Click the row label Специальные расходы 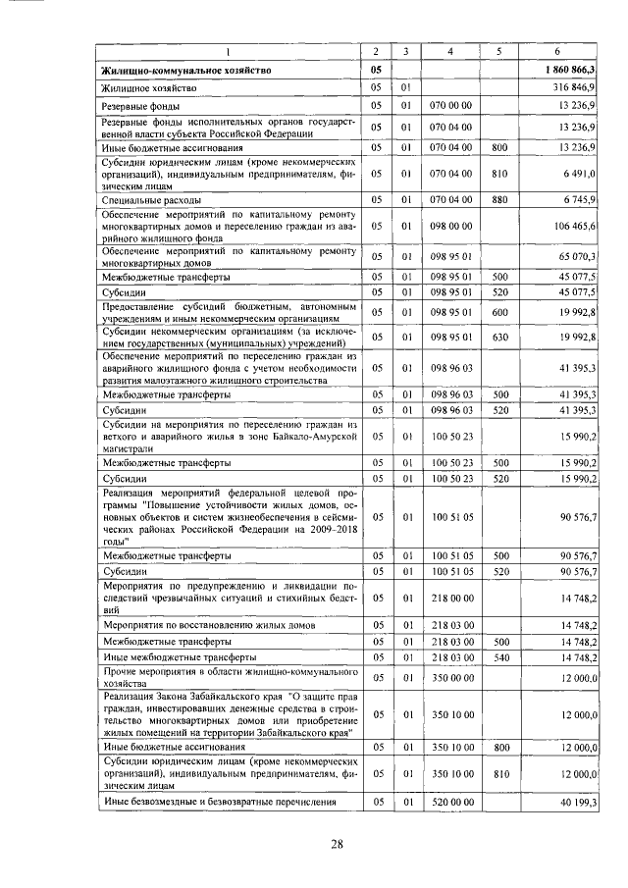147,199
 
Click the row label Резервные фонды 138,105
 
